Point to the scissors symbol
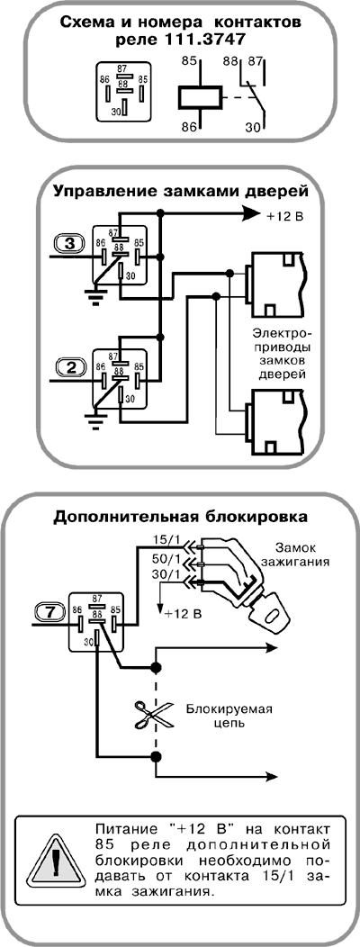(x=148, y=715)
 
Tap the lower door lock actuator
(x=274, y=421)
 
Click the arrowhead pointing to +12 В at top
(x=251, y=213)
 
